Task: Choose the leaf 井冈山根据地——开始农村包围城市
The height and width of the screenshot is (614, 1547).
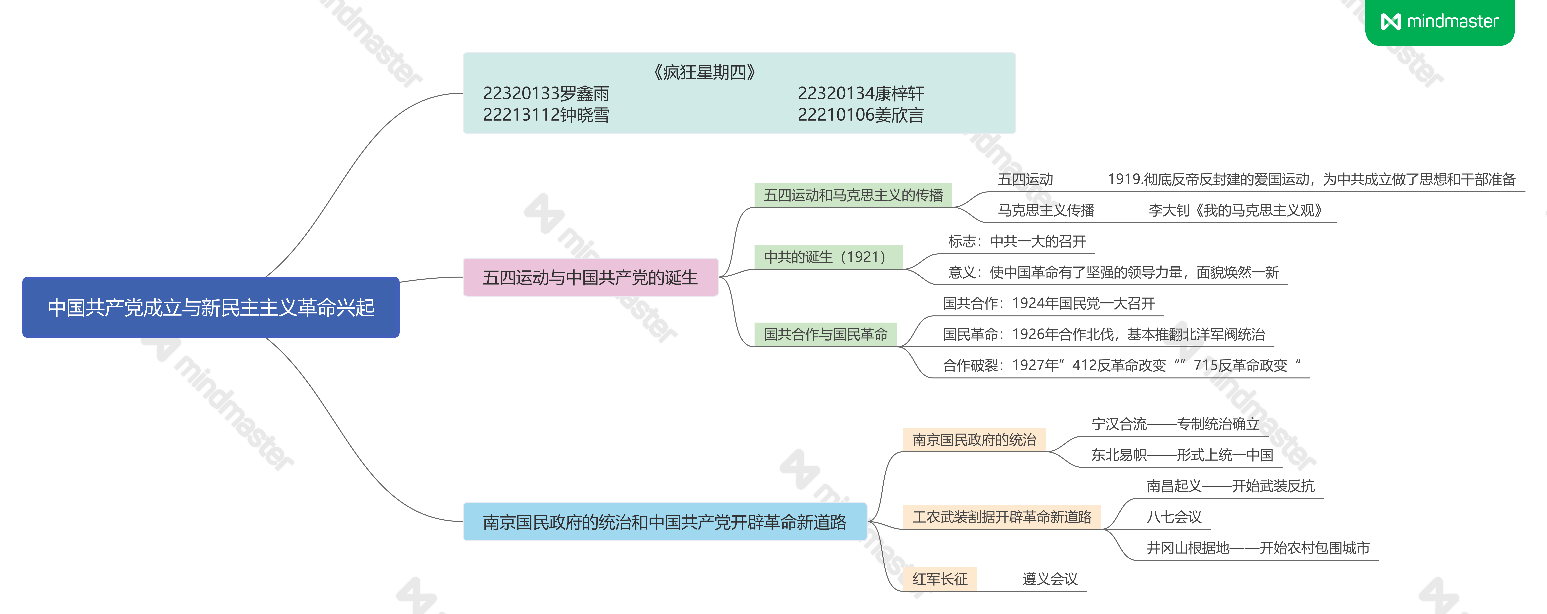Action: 1258,548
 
